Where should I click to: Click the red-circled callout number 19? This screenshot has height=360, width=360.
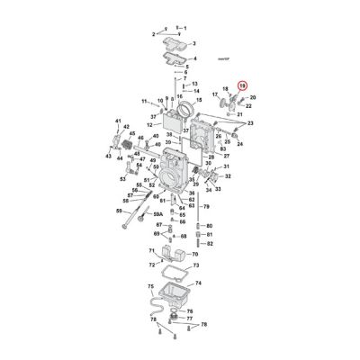click(x=240, y=85)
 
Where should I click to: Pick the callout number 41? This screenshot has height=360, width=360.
click(x=117, y=120)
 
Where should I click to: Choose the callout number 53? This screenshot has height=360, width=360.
click(x=123, y=178)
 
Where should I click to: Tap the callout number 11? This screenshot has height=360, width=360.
click(x=144, y=101)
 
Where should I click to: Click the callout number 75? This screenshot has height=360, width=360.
click(x=150, y=285)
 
